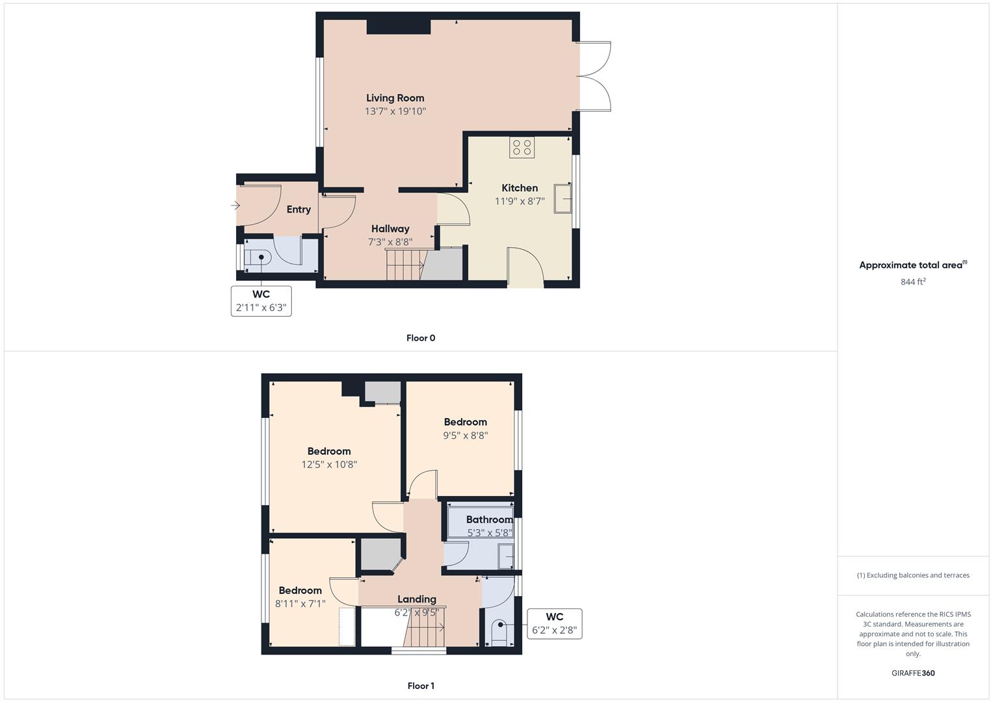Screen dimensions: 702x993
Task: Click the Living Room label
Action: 395,98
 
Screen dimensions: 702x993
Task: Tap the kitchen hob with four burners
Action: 522,148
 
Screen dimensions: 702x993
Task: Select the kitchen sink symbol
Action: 563,198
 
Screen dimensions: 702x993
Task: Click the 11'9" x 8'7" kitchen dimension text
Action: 520,201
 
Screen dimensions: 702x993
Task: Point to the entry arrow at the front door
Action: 235,206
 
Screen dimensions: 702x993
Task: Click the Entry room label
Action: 298,209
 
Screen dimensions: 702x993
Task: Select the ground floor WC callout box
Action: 261,301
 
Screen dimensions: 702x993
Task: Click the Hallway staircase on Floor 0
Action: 404,265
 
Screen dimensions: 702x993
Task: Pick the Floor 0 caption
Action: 421,338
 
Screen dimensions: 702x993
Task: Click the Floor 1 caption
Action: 421,686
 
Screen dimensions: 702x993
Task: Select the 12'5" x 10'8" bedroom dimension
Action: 329,465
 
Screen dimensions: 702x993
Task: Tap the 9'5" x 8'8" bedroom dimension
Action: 466,435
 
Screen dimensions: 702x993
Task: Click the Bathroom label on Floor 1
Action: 489,519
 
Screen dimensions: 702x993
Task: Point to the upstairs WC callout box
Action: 554,623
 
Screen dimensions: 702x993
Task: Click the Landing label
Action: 417,599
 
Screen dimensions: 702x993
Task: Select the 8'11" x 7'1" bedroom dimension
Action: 300,603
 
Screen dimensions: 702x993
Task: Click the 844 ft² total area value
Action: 913,281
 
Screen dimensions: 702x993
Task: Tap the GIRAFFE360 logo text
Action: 913,673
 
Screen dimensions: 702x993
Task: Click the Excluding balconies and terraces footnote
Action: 913,575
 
